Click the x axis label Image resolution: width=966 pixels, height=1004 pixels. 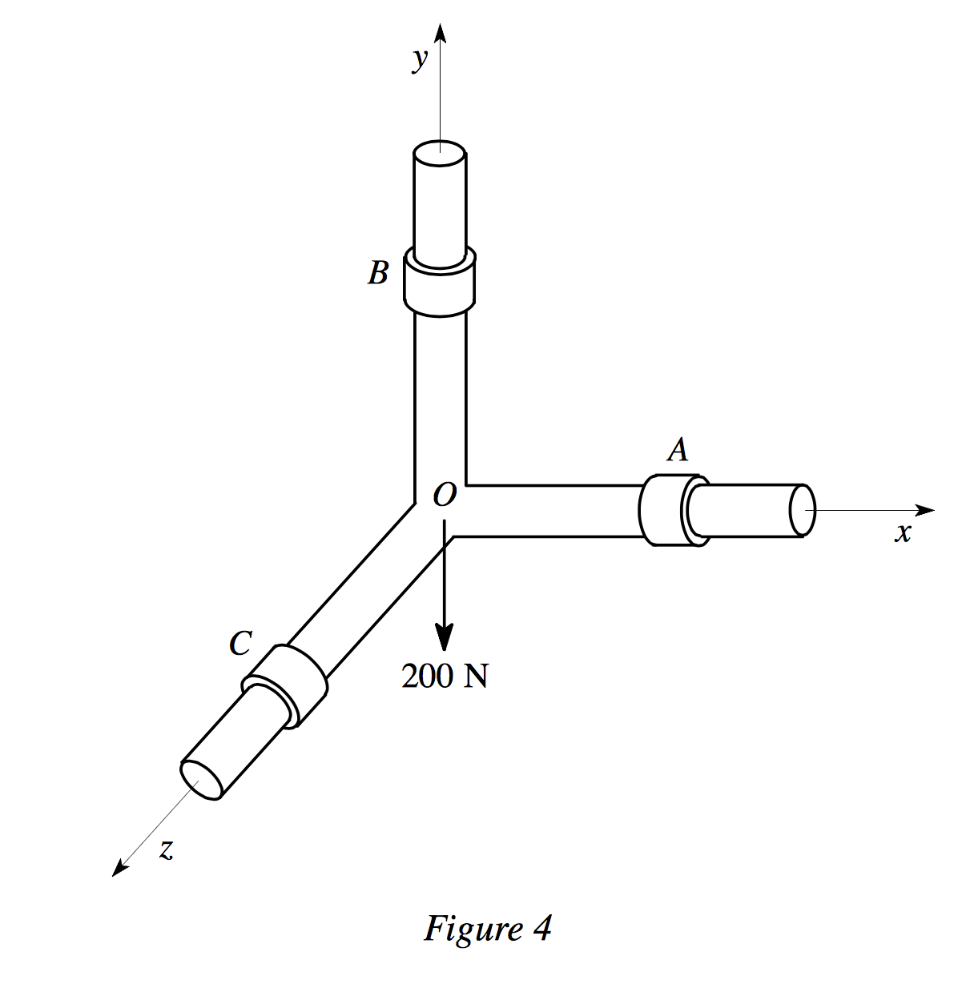(x=904, y=533)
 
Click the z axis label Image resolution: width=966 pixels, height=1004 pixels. (x=166, y=849)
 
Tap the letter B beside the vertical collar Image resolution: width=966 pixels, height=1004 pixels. (x=378, y=273)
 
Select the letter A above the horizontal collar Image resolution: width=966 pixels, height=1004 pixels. (x=678, y=450)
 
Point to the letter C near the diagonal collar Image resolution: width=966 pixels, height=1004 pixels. (x=240, y=643)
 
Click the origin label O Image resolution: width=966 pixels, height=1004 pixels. (x=445, y=496)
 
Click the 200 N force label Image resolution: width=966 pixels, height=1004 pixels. (x=445, y=677)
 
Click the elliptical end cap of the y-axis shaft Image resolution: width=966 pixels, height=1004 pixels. (x=439, y=151)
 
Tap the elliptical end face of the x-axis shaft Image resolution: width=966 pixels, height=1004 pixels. (x=803, y=511)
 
